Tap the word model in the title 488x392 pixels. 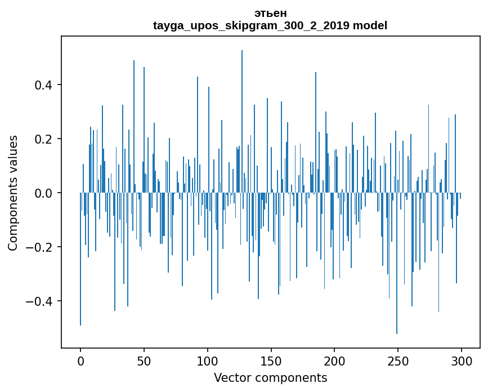click(370, 25)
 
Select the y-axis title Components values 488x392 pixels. click(13, 193)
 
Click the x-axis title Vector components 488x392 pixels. click(270, 377)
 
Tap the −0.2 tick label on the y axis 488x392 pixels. click(41, 247)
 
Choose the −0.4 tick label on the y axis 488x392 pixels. click(41, 301)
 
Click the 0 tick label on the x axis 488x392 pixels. click(80, 360)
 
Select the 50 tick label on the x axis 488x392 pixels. click(144, 360)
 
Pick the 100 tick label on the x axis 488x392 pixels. click(208, 360)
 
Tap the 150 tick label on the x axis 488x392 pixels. click(271, 360)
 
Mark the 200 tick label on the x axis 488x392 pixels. click(335, 360)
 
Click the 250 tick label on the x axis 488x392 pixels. click(399, 360)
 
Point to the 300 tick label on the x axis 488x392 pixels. click(462, 360)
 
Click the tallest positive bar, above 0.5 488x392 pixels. click(242, 113)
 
